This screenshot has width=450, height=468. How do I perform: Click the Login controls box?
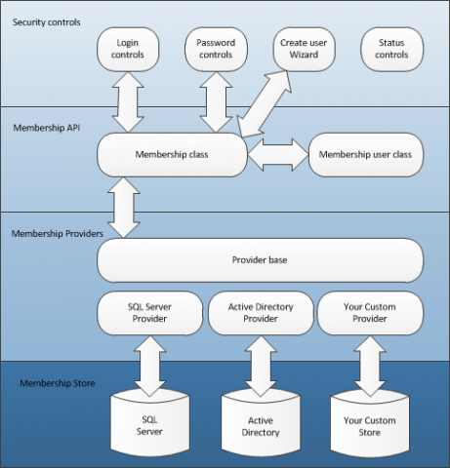point(128,49)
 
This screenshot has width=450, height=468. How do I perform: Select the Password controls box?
point(216,49)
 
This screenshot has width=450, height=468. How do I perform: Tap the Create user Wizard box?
point(304,49)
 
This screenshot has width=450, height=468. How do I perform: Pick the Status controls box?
point(392,49)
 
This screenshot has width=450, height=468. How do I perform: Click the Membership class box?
point(172,155)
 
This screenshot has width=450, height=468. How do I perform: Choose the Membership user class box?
point(366,155)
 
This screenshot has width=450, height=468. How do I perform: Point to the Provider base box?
point(260,260)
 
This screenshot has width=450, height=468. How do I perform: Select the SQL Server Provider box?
point(150,313)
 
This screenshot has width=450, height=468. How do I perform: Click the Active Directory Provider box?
point(261,313)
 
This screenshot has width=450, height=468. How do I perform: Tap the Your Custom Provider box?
point(370,313)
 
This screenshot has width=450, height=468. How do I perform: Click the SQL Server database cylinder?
point(150,423)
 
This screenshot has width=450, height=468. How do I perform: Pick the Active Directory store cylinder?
point(261,423)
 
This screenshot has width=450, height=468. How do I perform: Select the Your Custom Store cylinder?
point(370,423)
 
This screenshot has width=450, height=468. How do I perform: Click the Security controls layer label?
point(47,22)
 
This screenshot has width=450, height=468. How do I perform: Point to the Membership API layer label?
point(47,128)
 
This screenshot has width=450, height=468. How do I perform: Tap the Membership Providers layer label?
point(58,234)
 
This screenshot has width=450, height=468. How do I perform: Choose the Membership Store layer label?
point(58,383)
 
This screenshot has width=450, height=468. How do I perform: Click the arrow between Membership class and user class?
point(278,155)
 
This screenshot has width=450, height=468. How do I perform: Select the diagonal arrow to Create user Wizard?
point(265,104)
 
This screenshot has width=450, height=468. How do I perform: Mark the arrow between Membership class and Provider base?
point(124,208)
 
